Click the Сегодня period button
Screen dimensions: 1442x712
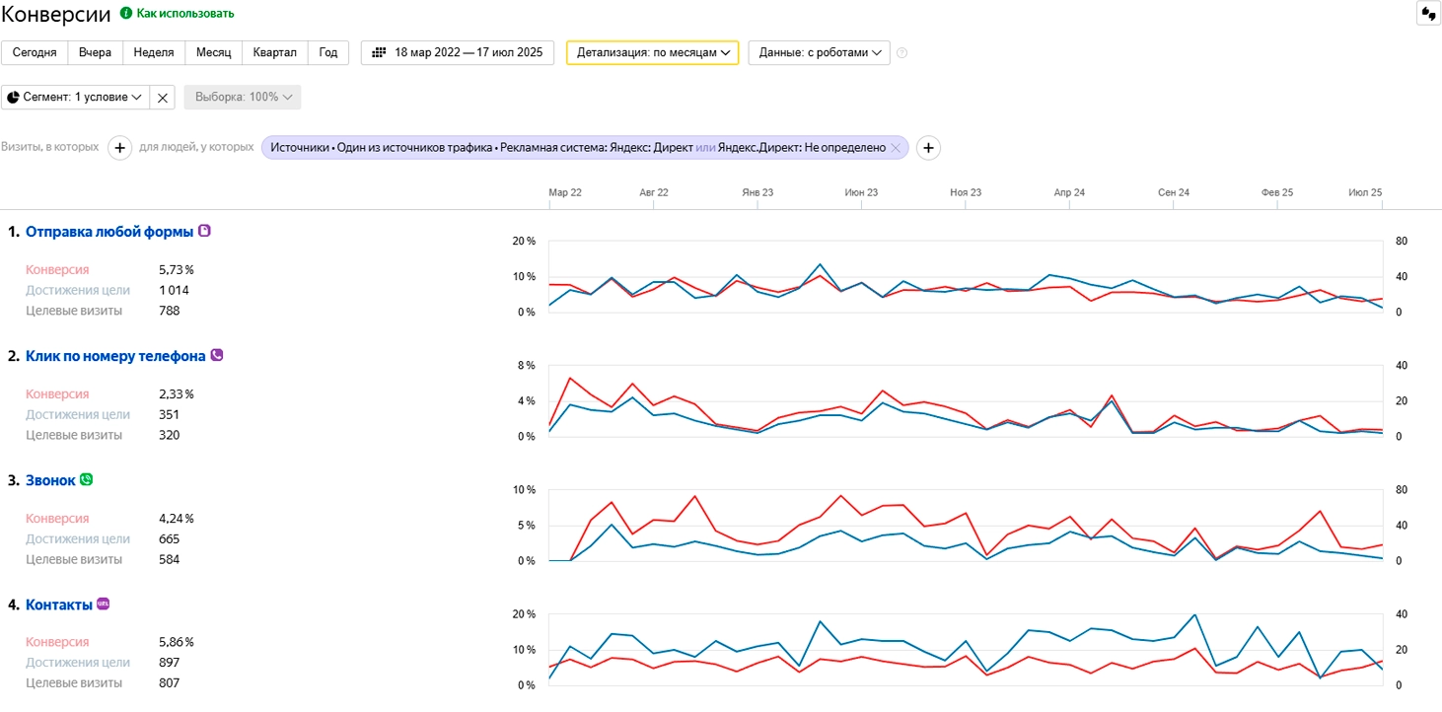click(x=35, y=53)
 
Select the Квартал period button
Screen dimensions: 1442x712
click(x=275, y=53)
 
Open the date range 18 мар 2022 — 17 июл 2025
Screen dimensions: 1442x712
click(x=458, y=53)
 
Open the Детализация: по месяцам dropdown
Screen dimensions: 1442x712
click(x=653, y=53)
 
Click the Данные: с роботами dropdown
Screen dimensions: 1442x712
click(x=820, y=53)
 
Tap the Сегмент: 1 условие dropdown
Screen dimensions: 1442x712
click(x=75, y=98)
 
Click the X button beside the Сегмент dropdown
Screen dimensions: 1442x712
click(x=162, y=98)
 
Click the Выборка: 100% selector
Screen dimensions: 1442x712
click(x=243, y=98)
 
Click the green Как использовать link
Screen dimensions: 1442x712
click(x=184, y=14)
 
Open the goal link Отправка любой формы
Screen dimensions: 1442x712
click(x=109, y=232)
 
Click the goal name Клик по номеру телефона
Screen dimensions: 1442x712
click(x=115, y=356)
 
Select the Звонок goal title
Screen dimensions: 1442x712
click(x=50, y=480)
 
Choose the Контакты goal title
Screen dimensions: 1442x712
click(x=59, y=605)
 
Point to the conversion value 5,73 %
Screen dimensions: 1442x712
click(x=177, y=270)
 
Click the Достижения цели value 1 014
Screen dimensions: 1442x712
click(x=174, y=290)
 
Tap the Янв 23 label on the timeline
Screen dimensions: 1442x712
click(x=757, y=192)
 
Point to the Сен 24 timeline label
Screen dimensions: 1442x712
click(x=1174, y=192)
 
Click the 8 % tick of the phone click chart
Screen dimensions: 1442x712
click(x=526, y=365)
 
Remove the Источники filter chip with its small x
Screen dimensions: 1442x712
click(x=896, y=148)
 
